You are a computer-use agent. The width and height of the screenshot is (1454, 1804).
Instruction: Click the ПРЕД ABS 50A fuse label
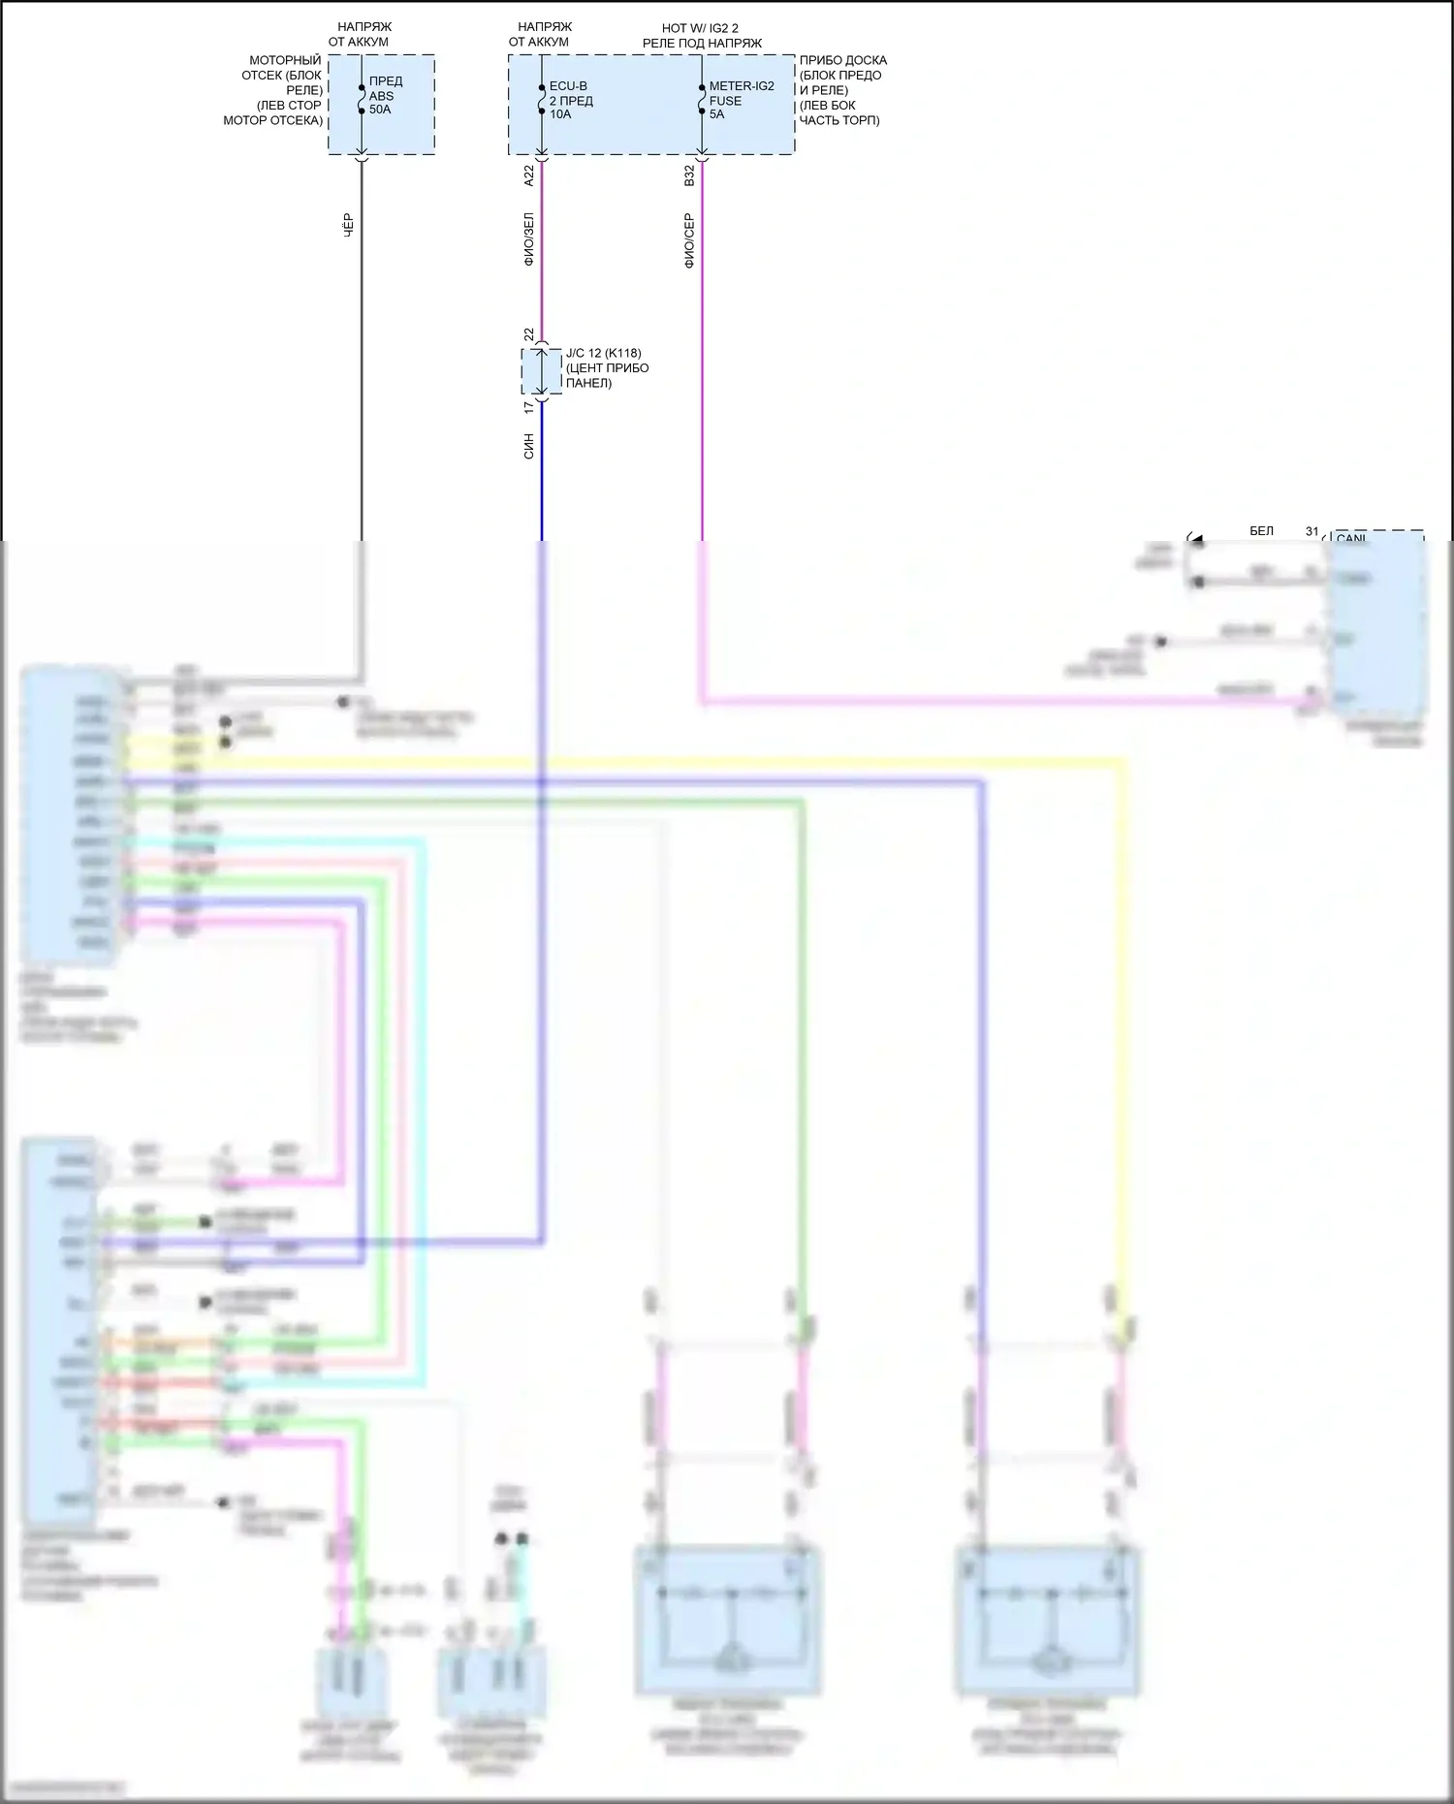pos(385,95)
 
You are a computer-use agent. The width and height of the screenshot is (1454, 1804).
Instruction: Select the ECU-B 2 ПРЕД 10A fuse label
pos(571,100)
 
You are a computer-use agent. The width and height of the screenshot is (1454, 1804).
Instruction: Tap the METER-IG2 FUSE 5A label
pos(741,100)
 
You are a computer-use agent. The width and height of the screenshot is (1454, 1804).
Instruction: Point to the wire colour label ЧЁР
pos(349,225)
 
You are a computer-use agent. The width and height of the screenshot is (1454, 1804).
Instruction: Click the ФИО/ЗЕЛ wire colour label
pos(529,238)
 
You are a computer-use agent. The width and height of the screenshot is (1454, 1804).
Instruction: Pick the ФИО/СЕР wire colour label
pos(689,240)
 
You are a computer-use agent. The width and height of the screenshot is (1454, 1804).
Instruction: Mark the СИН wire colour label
pos(529,446)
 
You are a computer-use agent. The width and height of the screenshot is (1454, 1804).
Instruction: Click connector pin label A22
pos(529,175)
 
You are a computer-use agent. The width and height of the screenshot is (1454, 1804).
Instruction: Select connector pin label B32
pos(689,175)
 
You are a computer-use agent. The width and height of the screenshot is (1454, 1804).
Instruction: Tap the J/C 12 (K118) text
pos(603,353)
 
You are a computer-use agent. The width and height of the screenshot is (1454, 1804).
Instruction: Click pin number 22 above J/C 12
pos(529,334)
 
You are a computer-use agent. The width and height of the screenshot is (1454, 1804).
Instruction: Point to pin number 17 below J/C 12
pos(529,408)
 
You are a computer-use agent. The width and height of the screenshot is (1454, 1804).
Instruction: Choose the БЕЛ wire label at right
pos(1261,531)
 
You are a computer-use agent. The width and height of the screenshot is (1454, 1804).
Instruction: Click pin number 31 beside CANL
pos(1312,531)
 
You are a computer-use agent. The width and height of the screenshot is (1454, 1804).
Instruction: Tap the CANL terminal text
pos(1351,538)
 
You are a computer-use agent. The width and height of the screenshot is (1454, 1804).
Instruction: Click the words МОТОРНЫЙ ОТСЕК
pos(283,67)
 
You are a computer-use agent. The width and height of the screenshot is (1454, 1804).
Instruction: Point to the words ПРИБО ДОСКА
pos(842,60)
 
